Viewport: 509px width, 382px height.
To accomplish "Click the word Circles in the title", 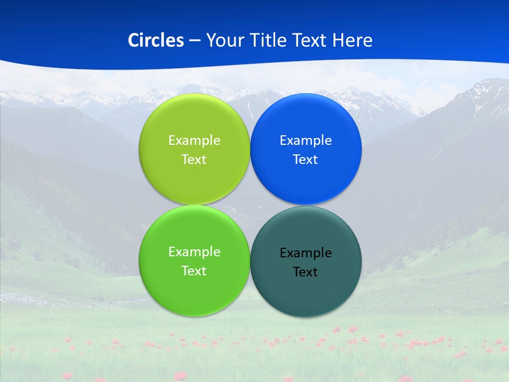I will [x=156, y=40].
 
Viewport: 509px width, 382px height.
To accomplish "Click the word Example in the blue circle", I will [x=306, y=141].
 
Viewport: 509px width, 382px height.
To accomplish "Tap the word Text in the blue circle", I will [x=306, y=160].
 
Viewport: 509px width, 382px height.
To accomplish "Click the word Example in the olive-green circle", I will [x=194, y=141].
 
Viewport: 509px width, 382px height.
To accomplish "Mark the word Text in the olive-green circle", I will [x=194, y=160].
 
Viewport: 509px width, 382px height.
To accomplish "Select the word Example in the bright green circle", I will [x=194, y=252].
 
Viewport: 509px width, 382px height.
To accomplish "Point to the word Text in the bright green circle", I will [x=194, y=271].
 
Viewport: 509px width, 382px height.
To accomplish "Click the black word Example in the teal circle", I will [x=306, y=253].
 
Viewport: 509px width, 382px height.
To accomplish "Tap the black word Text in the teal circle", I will [x=306, y=272].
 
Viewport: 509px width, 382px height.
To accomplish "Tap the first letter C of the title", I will [x=133, y=40].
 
